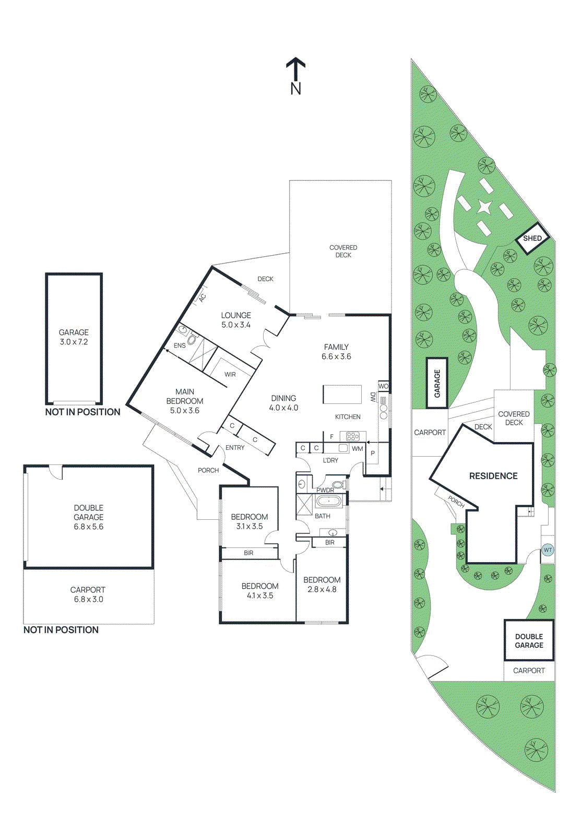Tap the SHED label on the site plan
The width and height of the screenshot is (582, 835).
532,238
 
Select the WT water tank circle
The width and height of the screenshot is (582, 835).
548,550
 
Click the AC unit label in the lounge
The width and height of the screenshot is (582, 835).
203,297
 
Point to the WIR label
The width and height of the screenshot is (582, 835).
230,374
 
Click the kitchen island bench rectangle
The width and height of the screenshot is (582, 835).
342,394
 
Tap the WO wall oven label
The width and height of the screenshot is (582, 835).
383,386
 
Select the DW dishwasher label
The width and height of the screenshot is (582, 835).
373,397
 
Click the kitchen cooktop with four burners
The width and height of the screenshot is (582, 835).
353,436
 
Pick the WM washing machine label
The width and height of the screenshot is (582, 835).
357,448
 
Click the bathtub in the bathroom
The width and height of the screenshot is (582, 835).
329,502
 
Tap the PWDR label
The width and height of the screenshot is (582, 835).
325,490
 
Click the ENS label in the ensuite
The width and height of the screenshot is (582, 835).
180,345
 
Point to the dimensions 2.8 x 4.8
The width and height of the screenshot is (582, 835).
322,589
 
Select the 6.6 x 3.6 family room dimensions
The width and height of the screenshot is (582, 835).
336,356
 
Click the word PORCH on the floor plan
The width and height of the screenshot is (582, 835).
208,470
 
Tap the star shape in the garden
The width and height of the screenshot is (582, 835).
484,207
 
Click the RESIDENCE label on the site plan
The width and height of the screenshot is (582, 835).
493,476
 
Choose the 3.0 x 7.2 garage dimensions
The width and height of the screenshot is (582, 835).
74,342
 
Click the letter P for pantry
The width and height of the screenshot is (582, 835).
373,453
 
